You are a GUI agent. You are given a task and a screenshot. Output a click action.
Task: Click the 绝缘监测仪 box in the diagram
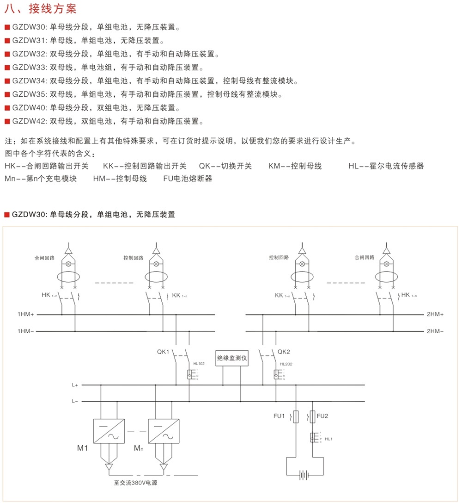coord(232,358)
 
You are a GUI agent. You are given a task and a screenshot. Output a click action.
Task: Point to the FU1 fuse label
coord(280,416)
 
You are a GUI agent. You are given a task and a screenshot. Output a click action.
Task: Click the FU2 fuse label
coord(322,416)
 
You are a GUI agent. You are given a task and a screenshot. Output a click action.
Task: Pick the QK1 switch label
coord(163,351)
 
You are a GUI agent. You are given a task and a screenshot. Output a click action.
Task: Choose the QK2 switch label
coord(284,351)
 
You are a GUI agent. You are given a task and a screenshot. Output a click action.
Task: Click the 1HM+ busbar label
coord(25,315)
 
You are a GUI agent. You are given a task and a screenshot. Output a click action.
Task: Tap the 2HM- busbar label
coord(435,331)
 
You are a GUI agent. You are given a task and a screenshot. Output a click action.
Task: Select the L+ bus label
coord(75,385)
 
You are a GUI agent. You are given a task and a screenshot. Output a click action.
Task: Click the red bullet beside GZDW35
coord(7,94)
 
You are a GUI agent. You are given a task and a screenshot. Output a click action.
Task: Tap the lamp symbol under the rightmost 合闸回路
coord(386,264)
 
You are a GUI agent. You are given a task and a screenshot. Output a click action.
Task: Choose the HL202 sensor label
coord(286,364)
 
